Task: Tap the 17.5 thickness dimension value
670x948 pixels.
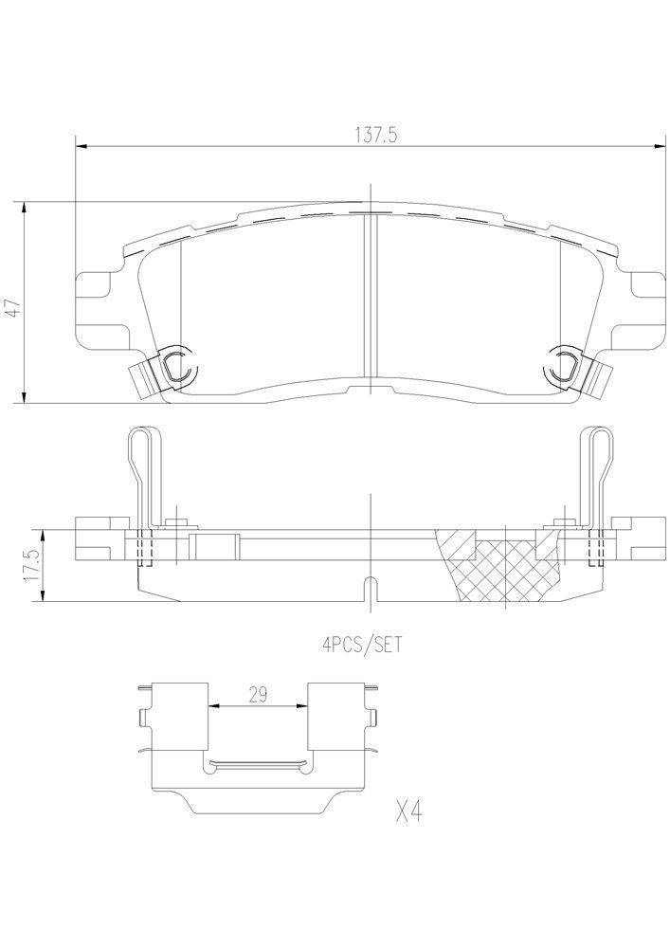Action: coord(29,564)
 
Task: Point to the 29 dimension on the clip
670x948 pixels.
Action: coord(257,694)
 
